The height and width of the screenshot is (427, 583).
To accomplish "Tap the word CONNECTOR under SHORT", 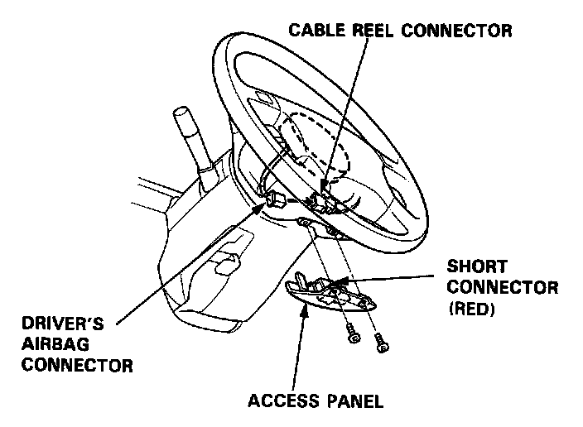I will point(502,287).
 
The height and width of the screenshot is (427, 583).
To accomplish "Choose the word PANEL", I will point(353,403).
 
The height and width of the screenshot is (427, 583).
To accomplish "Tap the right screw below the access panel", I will point(383,340).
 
